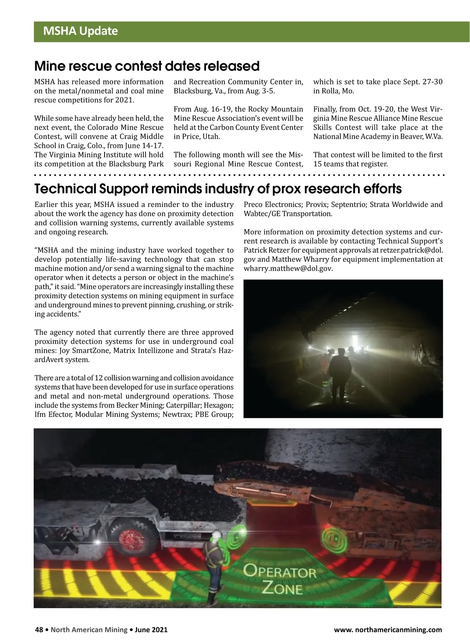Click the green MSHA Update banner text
coord(80,31)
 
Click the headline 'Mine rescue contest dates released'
coord(147,66)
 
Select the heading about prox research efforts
coord(218,189)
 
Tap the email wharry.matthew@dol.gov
coord(288,268)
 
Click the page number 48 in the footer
coord(39,630)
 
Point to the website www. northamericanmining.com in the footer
coord(388,630)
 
